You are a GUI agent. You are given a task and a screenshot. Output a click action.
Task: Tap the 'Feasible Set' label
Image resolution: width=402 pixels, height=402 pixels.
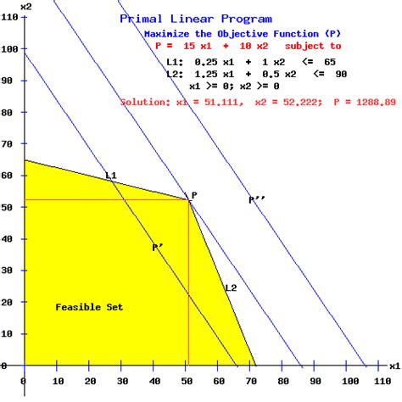(x=89, y=306)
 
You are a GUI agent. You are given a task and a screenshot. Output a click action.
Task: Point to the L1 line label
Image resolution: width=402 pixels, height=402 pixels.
(x=110, y=176)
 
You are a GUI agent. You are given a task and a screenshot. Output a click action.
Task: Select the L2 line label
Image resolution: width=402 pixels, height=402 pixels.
(x=231, y=288)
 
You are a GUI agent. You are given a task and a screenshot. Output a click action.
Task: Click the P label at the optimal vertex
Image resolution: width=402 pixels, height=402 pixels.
(x=194, y=195)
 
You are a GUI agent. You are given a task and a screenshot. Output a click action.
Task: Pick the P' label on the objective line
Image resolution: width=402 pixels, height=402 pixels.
(x=158, y=248)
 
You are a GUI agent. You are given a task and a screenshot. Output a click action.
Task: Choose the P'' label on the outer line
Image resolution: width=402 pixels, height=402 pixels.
(x=256, y=200)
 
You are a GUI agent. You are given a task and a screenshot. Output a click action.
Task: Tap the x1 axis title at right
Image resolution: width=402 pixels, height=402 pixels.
(x=394, y=366)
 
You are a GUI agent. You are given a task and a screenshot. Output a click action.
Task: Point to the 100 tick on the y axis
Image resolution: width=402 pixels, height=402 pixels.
(x=8, y=50)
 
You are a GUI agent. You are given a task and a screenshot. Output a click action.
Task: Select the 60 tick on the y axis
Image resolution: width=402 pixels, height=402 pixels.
(x=10, y=176)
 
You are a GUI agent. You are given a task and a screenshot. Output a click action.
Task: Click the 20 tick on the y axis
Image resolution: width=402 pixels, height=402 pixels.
(x=10, y=302)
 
